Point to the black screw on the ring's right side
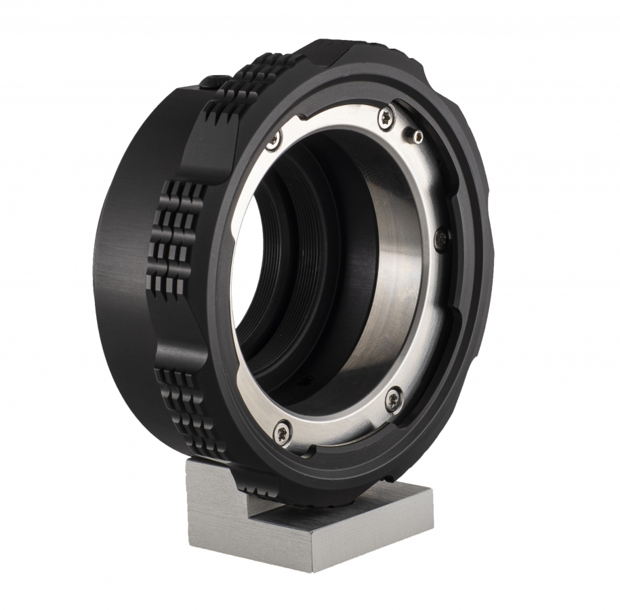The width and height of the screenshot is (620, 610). (x=442, y=237)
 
